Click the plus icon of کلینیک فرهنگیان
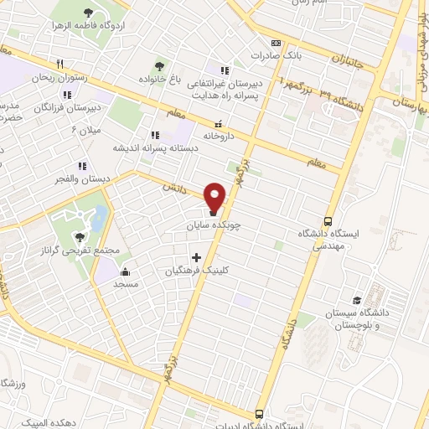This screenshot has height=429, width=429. tap(197, 257)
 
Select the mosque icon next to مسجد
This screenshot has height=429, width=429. tap(126, 271)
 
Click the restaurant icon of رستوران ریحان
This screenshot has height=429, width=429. tap(59, 65)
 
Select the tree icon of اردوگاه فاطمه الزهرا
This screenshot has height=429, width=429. tap(89, 13)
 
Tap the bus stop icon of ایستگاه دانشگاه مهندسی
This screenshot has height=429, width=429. tap(329, 221)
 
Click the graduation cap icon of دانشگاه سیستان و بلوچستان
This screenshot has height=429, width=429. tap(357, 299)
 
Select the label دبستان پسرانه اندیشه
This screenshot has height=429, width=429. tap(155, 147)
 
